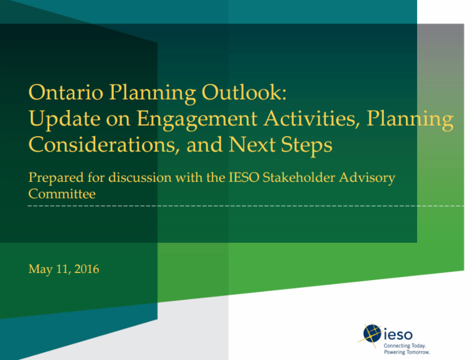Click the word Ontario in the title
pyautogui.click(x=66, y=92)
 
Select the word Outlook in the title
pyautogui.click(x=244, y=92)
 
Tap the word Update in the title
pyautogui.click(x=65, y=119)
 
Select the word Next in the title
pyautogui.click(x=252, y=144)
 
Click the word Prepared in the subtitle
pyautogui.click(x=56, y=178)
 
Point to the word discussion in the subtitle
pyautogui.click(x=140, y=177)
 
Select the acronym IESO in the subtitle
pyautogui.click(x=244, y=177)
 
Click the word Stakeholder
pyautogui.click(x=299, y=177)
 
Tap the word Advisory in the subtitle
pyautogui.click(x=367, y=178)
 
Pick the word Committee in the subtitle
pyautogui.click(x=62, y=194)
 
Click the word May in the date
pyautogui.click(x=40, y=269)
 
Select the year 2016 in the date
pyautogui.click(x=87, y=269)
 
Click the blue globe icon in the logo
pyautogui.click(x=372, y=333)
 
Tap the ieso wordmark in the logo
pyautogui.click(x=398, y=335)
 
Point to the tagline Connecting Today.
pyautogui.click(x=405, y=346)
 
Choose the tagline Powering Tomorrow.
pyautogui.click(x=407, y=352)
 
